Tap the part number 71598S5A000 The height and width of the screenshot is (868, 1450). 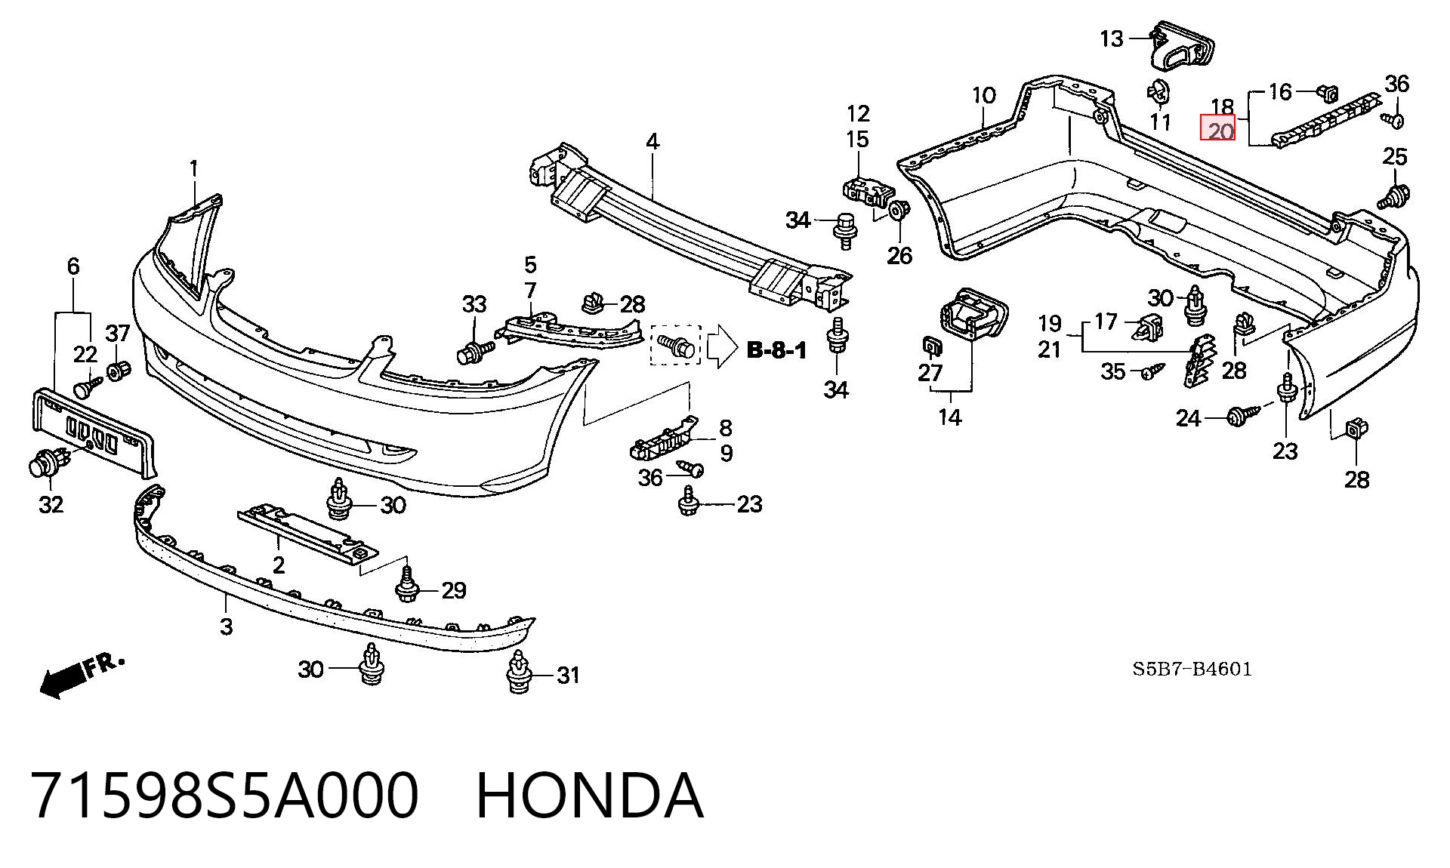point(224,796)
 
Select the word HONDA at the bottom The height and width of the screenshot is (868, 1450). point(590,796)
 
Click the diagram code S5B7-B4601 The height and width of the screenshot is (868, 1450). point(1192,669)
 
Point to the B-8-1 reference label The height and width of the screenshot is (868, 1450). point(776,350)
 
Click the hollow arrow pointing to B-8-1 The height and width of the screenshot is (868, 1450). point(722,346)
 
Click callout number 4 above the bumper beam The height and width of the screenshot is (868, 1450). point(652,141)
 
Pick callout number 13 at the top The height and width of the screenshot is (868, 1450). point(1112,38)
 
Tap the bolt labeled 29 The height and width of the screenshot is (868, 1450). point(408,584)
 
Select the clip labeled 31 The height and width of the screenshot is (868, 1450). point(519,673)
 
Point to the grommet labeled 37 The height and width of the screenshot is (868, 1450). point(118,371)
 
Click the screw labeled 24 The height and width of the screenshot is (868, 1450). point(1243,415)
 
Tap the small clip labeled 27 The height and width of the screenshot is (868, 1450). point(931,346)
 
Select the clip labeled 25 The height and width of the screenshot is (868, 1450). point(1393,196)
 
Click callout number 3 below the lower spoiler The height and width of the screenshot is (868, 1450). point(227,626)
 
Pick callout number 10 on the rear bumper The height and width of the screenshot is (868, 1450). point(983,95)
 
